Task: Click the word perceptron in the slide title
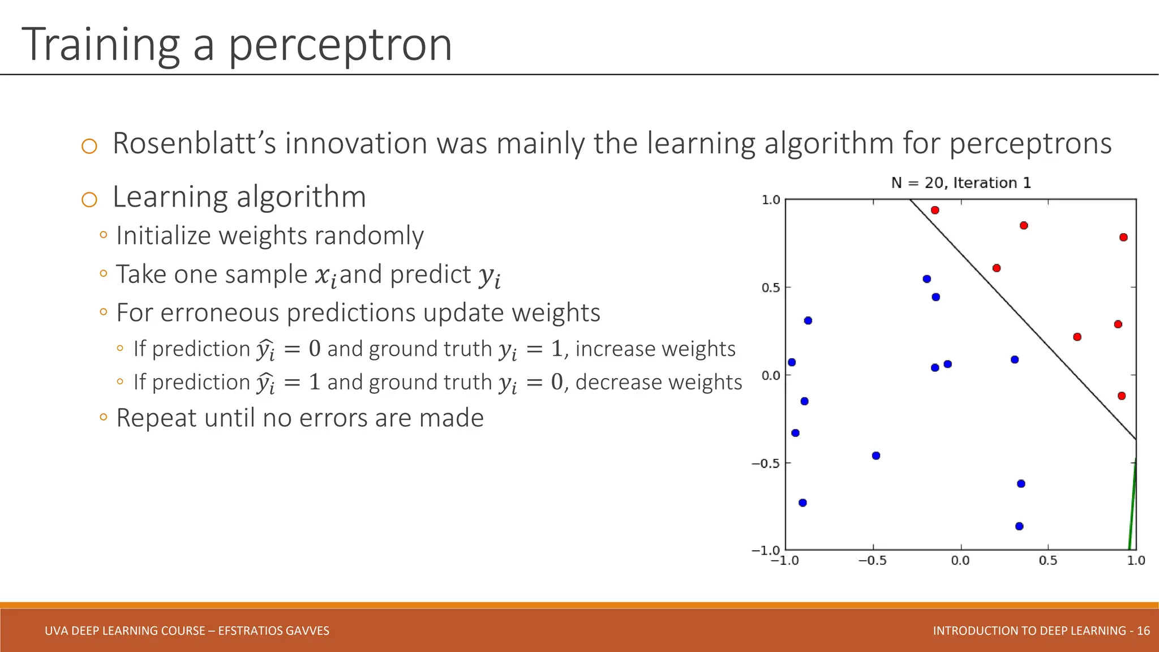pyautogui.click(x=340, y=45)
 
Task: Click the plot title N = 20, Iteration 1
pyautogui.click(x=960, y=183)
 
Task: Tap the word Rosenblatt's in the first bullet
pyautogui.click(x=194, y=143)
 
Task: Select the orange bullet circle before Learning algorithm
pyautogui.click(x=89, y=199)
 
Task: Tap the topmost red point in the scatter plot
pyautogui.click(x=935, y=210)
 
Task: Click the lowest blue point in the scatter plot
pyautogui.click(x=1019, y=526)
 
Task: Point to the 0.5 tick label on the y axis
pyautogui.click(x=771, y=288)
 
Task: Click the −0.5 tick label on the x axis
pyautogui.click(x=873, y=561)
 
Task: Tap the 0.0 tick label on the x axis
pyautogui.click(x=960, y=561)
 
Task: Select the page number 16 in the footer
pyautogui.click(x=1143, y=631)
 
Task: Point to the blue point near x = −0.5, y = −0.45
pyautogui.click(x=876, y=456)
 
